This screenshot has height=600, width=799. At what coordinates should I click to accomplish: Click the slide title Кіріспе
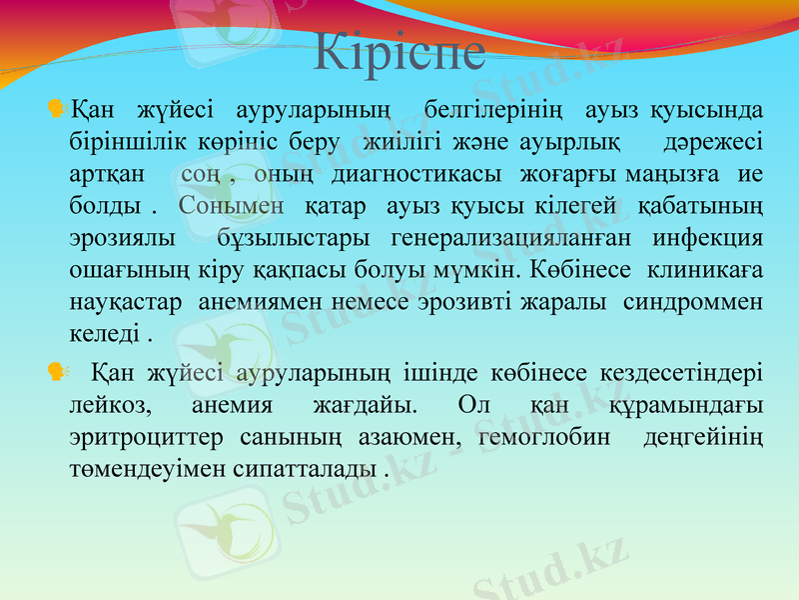(x=399, y=52)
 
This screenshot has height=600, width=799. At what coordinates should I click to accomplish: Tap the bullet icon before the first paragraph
(x=56, y=105)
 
